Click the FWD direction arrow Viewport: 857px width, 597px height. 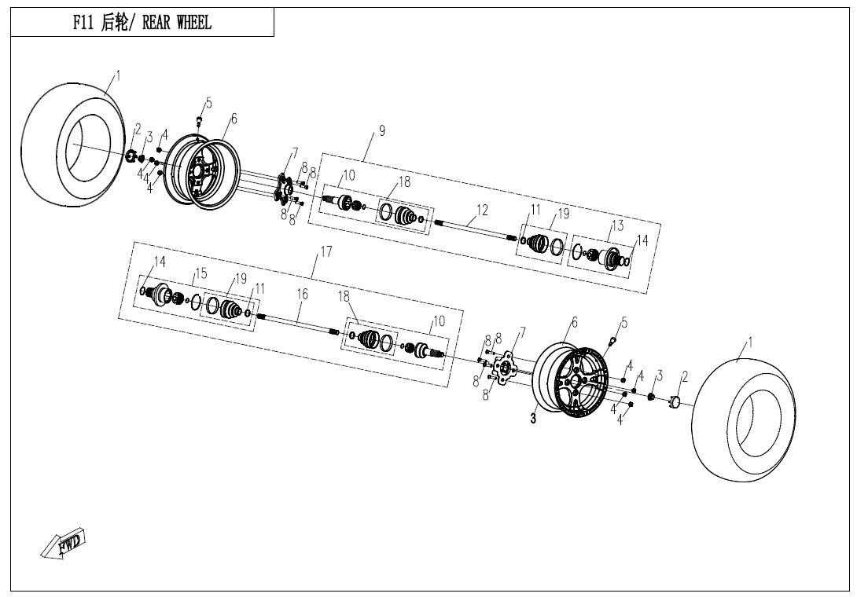point(64,544)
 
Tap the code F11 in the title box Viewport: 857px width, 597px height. point(83,23)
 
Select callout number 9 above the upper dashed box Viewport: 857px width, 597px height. point(382,130)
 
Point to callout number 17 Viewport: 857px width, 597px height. point(326,252)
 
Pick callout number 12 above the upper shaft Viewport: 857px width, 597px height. point(482,210)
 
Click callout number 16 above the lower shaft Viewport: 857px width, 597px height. point(303,294)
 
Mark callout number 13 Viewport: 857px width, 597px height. point(617,225)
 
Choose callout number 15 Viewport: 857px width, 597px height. point(201,273)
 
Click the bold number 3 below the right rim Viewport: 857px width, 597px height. point(533,419)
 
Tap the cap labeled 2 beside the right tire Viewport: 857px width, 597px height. point(674,403)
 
